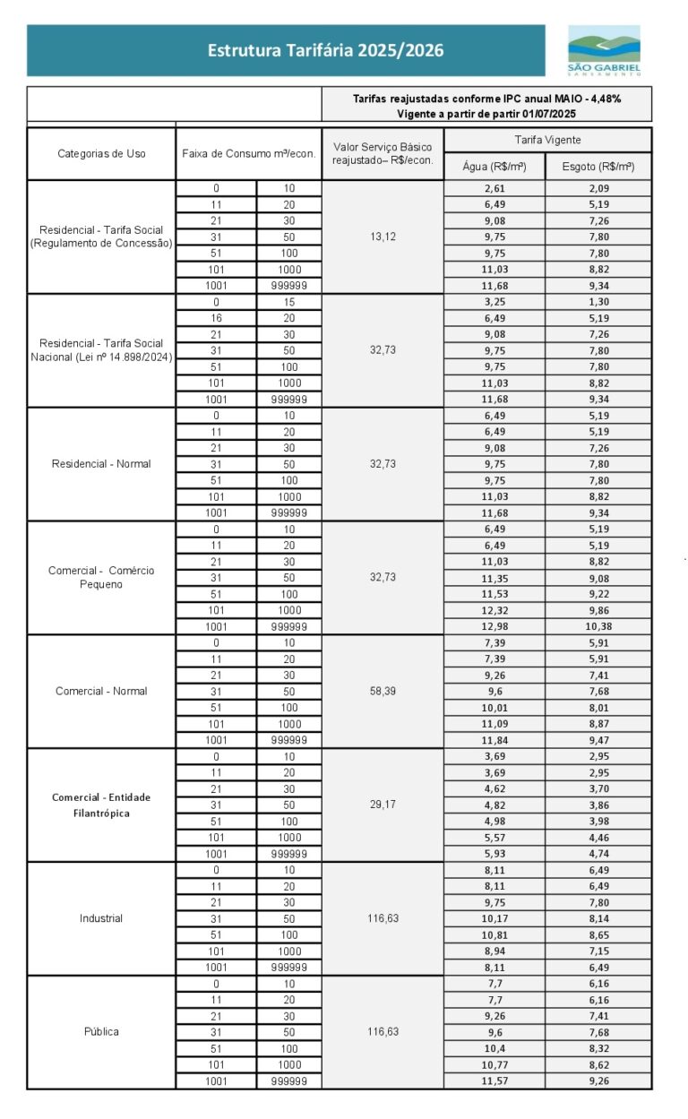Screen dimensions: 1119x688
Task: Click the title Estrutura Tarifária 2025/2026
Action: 325,51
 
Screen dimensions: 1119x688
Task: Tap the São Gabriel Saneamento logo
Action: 604,50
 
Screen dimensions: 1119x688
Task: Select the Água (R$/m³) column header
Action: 494,167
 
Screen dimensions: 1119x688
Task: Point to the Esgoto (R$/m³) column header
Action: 598,167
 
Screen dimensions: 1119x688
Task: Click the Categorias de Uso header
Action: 101,153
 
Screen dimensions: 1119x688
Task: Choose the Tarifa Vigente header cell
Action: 547,140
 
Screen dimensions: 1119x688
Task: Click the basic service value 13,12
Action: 383,237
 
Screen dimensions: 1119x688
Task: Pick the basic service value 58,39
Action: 383,691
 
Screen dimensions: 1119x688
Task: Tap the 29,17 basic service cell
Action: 383,805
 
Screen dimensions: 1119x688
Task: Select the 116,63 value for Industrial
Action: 383,918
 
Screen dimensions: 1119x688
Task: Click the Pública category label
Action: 101,1031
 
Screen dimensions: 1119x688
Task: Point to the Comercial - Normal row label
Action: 101,691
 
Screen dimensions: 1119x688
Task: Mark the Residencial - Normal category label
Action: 101,464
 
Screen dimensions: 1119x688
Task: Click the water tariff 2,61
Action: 494,189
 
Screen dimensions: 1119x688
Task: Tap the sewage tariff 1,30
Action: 598,302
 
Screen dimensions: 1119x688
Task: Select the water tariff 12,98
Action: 494,626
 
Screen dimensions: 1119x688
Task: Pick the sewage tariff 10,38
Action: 598,626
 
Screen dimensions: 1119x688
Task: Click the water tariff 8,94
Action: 494,951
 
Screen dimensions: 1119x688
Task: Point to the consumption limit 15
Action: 288,302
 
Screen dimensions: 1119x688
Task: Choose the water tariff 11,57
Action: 494,1081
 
